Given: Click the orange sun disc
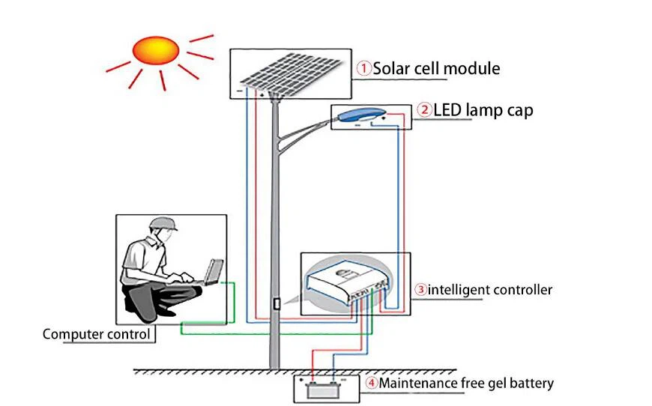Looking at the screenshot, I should tap(156, 50).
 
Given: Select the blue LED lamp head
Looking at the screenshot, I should tap(360, 114).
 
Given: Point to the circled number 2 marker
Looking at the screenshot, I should tap(424, 111).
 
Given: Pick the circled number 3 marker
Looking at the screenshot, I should tap(422, 289).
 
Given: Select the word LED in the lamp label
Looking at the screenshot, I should tap(447, 111).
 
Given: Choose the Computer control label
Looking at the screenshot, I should tap(96, 334).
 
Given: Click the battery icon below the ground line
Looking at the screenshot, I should tap(322, 388).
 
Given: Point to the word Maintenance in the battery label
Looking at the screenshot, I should tap(417, 384).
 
